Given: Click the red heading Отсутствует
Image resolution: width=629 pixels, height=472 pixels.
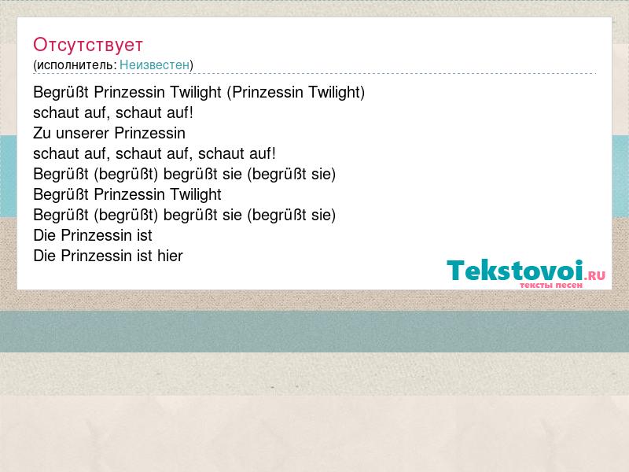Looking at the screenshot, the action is tap(88, 45).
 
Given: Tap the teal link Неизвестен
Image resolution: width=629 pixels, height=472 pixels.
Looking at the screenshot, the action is tap(154, 65).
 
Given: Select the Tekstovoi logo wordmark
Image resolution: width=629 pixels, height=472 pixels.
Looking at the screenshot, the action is tap(515, 270).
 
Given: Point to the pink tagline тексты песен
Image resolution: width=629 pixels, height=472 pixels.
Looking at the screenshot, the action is tap(551, 285).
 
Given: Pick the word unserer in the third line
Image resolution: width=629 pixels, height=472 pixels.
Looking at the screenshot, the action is tap(83, 134).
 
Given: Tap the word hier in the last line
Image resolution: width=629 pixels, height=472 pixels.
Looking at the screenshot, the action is tap(170, 256).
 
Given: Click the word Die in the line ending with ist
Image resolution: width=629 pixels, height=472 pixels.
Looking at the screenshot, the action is tap(45, 235).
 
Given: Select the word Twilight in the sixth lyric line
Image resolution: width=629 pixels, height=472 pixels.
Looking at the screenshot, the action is tap(195, 194).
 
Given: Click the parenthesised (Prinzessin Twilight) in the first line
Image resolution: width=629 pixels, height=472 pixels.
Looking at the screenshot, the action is tap(296, 92).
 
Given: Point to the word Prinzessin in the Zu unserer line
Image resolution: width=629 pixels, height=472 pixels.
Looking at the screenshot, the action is tap(150, 133).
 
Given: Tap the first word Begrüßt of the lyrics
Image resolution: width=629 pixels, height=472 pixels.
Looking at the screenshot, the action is tap(61, 93).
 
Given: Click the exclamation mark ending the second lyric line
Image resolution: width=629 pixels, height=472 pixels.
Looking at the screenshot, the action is tap(191, 112).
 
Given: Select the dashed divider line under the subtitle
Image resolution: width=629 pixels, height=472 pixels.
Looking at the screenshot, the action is tap(314, 73).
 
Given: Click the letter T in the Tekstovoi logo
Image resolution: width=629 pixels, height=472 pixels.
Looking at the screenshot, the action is tap(456, 270).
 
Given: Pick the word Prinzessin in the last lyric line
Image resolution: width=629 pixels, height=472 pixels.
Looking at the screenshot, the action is tap(96, 256).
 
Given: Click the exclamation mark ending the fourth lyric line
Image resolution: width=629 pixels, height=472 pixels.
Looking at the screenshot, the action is tap(273, 153).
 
